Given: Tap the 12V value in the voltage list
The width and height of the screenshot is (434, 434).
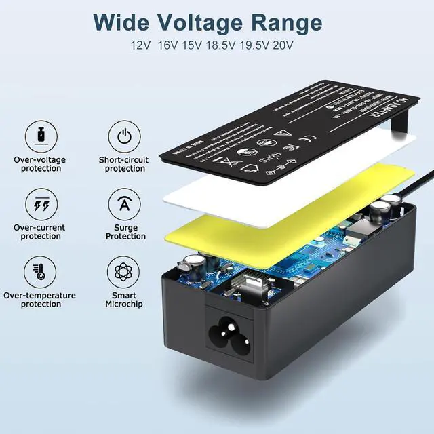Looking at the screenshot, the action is coord(142,47).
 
